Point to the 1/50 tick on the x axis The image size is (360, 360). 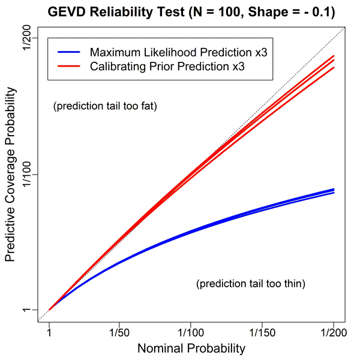120,331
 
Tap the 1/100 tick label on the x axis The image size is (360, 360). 191,331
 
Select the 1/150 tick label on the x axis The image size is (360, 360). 262,331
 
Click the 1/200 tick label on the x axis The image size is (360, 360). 334,331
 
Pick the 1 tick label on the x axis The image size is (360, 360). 49,331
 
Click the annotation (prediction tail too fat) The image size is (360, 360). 105,107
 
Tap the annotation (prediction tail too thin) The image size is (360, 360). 251,284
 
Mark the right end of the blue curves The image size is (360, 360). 334,191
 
